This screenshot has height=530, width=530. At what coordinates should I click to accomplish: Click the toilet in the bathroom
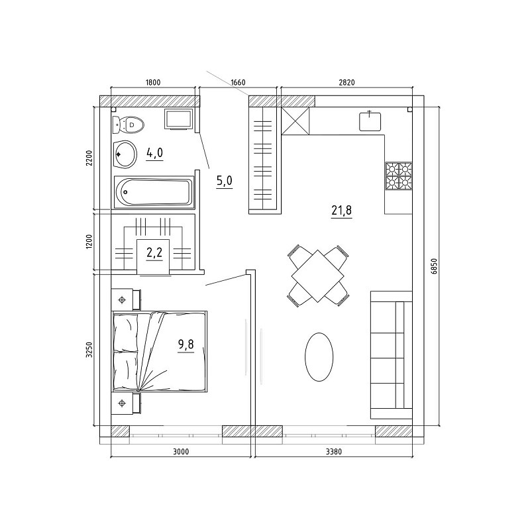tap(129, 125)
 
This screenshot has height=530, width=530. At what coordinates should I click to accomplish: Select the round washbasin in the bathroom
tap(125, 154)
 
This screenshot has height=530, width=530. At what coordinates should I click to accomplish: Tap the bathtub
tap(154, 191)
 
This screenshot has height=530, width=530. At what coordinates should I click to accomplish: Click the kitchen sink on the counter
tap(370, 121)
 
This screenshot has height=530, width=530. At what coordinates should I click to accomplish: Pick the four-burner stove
tap(399, 176)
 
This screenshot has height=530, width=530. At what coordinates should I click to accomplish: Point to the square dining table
tap(318, 276)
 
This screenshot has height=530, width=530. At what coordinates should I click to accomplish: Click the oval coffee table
tap(319, 357)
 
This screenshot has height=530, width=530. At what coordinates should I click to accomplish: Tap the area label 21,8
tap(341, 211)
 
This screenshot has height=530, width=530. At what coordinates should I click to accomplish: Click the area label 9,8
tap(186, 344)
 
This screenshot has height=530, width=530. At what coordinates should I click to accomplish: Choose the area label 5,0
tap(225, 181)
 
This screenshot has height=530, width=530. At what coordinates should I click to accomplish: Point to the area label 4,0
tap(154, 153)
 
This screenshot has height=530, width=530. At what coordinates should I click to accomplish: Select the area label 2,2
tap(154, 252)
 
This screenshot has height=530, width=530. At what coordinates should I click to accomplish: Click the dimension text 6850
tap(435, 266)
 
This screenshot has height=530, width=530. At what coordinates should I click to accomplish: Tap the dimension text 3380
tap(334, 452)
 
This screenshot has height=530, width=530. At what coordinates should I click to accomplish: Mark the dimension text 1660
tap(238, 82)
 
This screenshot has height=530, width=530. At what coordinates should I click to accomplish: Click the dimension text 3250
tap(89, 350)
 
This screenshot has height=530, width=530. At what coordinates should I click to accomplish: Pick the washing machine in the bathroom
tap(178, 119)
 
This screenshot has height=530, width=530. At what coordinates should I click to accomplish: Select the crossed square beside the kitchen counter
tap(295, 121)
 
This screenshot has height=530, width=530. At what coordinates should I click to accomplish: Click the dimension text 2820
tap(346, 82)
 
